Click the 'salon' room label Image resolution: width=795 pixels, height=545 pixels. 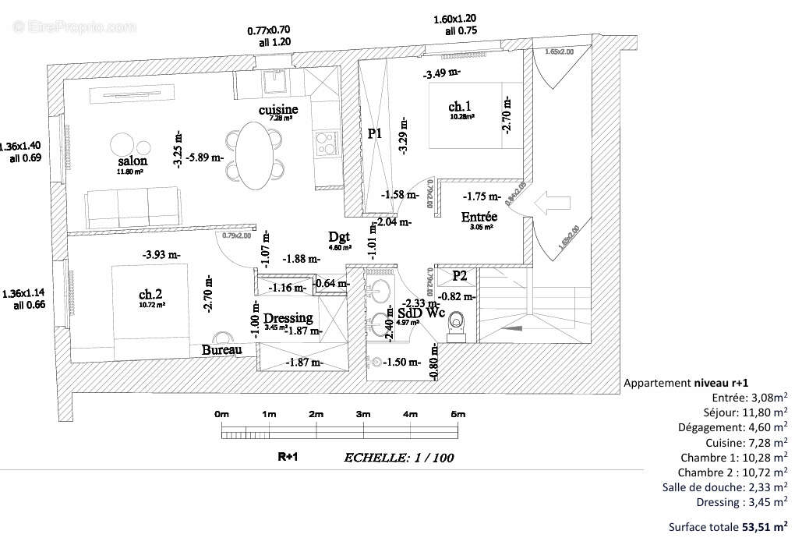132,161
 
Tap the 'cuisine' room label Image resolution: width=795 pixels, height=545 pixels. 278,110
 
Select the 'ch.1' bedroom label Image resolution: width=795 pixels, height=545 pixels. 459,106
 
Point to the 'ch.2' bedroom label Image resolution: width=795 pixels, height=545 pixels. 150,294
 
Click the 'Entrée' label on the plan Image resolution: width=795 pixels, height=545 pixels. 479,217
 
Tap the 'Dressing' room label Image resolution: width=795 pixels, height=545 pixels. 288,318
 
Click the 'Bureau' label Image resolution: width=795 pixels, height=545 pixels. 221,350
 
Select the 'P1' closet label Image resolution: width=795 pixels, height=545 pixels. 375,133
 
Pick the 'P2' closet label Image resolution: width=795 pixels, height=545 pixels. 460,275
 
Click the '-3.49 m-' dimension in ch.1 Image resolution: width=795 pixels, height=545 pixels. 442,74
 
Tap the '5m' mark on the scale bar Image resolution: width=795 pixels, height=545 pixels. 458,414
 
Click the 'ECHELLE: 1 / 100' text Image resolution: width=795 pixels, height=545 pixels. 399,458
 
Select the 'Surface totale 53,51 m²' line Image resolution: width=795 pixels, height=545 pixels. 728,526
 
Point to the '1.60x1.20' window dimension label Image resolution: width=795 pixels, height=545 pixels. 461,19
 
